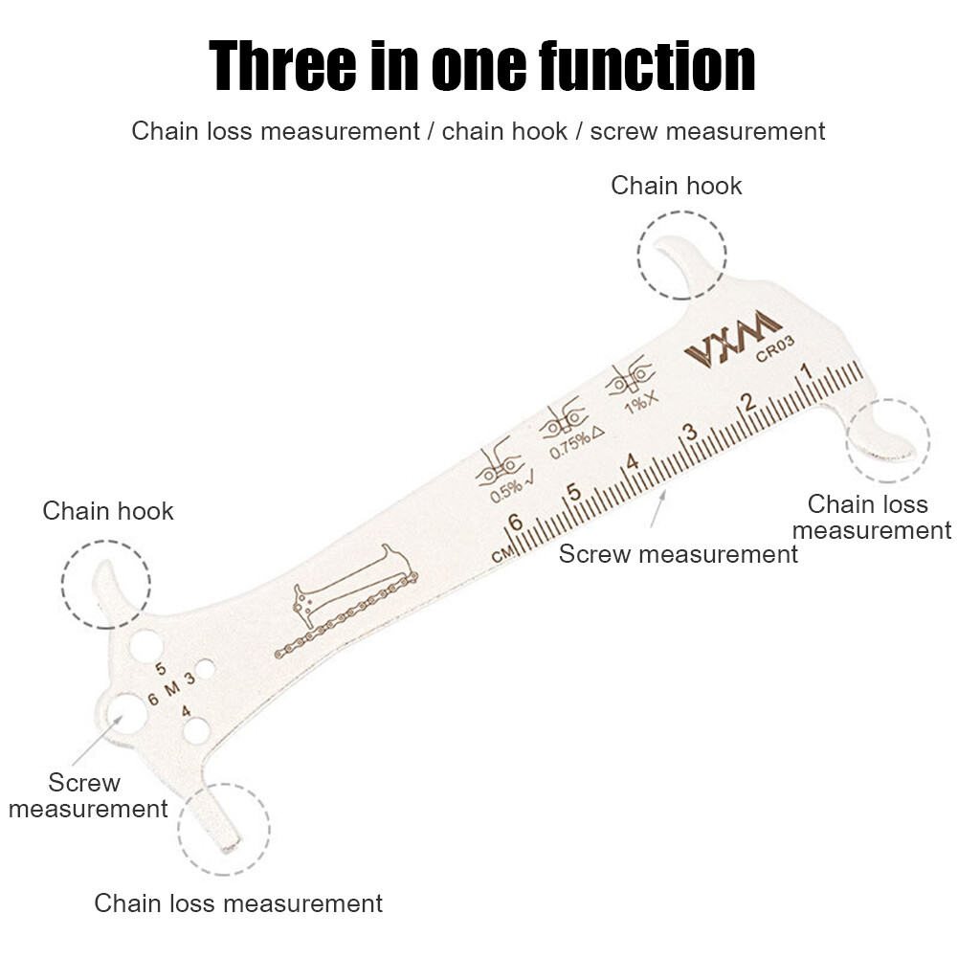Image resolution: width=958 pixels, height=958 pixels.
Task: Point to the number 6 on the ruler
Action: click(515, 523)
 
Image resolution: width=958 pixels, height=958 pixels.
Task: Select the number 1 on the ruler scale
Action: click(806, 371)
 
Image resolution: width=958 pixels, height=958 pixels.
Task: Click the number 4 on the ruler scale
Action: click(631, 462)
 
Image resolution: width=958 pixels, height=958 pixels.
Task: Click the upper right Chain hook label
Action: click(677, 186)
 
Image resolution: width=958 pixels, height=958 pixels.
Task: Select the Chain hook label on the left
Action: click(108, 511)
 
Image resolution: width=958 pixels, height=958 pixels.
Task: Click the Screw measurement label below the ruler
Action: click(678, 554)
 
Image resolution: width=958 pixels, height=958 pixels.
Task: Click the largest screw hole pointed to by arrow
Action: click(122, 713)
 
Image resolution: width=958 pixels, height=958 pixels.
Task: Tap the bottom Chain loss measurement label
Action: click(238, 902)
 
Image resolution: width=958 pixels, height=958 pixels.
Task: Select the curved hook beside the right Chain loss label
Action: click(886, 438)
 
